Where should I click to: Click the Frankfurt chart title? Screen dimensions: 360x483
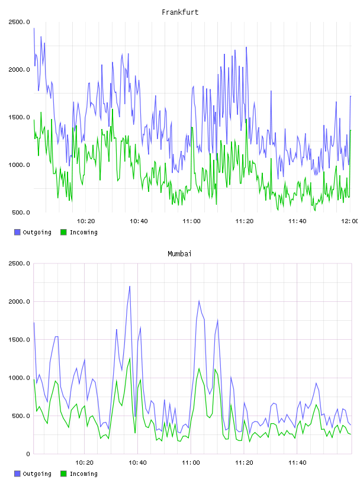click(180, 12)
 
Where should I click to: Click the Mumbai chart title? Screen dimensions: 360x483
click(179, 254)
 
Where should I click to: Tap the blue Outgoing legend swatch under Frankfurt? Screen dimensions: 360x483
click(17, 232)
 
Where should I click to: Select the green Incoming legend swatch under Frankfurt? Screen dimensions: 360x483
click(63, 232)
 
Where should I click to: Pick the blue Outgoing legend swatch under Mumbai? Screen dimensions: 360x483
click(17, 474)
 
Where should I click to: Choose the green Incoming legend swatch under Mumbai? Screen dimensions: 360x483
click(63, 474)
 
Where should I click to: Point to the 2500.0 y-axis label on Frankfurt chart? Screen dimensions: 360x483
click(19, 22)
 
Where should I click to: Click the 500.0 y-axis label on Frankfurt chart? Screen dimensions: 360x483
click(21, 212)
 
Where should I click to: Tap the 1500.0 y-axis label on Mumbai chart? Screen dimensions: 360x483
click(19, 340)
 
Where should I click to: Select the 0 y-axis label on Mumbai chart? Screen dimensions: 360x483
click(27, 454)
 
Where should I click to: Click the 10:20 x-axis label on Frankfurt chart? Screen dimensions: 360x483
click(86, 221)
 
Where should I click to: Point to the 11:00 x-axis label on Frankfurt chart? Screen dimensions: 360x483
click(191, 221)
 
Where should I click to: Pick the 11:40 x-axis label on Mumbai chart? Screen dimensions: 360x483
click(297, 463)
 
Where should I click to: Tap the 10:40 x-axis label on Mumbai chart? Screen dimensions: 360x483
click(137, 463)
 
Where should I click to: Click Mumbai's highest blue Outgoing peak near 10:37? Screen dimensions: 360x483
click(130, 286)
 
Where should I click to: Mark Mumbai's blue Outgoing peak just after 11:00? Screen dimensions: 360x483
click(199, 301)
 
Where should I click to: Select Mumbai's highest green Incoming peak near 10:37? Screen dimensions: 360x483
click(130, 358)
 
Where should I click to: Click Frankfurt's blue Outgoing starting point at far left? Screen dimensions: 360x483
click(34, 28)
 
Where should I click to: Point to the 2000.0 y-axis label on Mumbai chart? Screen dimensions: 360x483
click(19, 301)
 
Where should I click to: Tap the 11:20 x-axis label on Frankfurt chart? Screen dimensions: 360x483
click(245, 221)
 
